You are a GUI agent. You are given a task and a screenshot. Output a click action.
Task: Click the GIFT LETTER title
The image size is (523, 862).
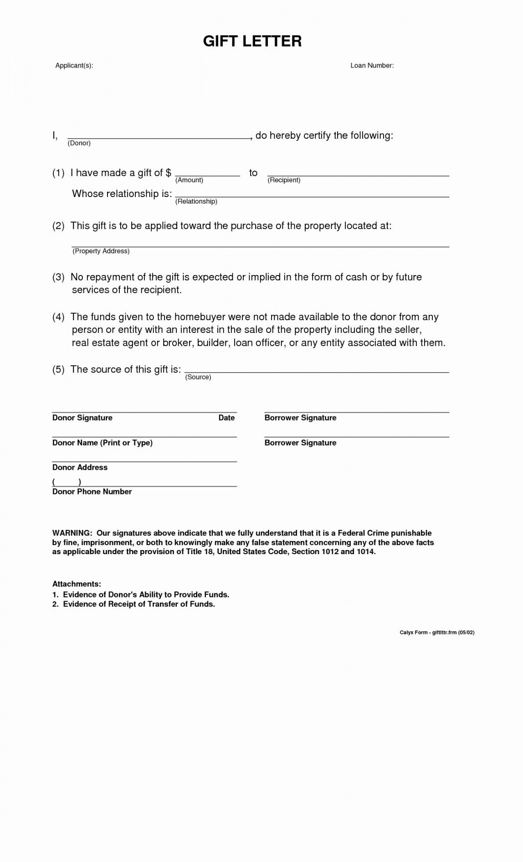click(252, 41)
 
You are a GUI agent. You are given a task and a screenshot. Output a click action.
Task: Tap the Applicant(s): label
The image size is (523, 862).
click(74, 66)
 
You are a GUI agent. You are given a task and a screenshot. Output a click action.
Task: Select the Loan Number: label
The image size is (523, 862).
click(372, 66)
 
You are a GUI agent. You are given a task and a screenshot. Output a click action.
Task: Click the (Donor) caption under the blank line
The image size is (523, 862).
click(79, 143)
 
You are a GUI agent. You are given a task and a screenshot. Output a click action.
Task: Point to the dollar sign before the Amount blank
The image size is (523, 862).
click(169, 173)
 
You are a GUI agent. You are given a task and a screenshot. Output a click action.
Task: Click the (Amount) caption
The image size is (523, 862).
click(189, 180)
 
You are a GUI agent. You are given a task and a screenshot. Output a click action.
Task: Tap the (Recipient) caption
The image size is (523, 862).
click(284, 180)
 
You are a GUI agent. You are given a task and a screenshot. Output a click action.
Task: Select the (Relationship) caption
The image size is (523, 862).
click(196, 202)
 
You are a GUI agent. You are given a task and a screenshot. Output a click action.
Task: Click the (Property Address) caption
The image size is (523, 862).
click(101, 251)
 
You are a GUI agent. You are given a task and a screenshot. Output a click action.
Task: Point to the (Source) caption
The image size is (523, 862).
click(198, 377)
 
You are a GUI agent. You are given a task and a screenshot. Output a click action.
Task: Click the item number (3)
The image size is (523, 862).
click(58, 277)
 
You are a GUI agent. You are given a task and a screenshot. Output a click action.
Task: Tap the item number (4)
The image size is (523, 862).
click(58, 317)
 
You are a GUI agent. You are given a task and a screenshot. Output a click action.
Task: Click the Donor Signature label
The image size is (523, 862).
click(82, 418)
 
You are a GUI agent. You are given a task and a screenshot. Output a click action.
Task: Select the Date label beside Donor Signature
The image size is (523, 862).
click(226, 418)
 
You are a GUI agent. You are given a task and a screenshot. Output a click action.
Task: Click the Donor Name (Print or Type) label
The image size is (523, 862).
click(103, 443)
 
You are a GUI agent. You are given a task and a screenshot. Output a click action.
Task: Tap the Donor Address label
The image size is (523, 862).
click(80, 467)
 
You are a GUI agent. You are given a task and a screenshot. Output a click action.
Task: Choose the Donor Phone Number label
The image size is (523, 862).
click(92, 492)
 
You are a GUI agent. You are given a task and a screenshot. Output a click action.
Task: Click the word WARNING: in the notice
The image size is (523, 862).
click(72, 533)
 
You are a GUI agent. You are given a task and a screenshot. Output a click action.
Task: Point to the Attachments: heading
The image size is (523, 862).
click(77, 584)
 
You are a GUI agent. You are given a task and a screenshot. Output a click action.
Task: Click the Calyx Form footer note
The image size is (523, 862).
click(437, 633)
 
